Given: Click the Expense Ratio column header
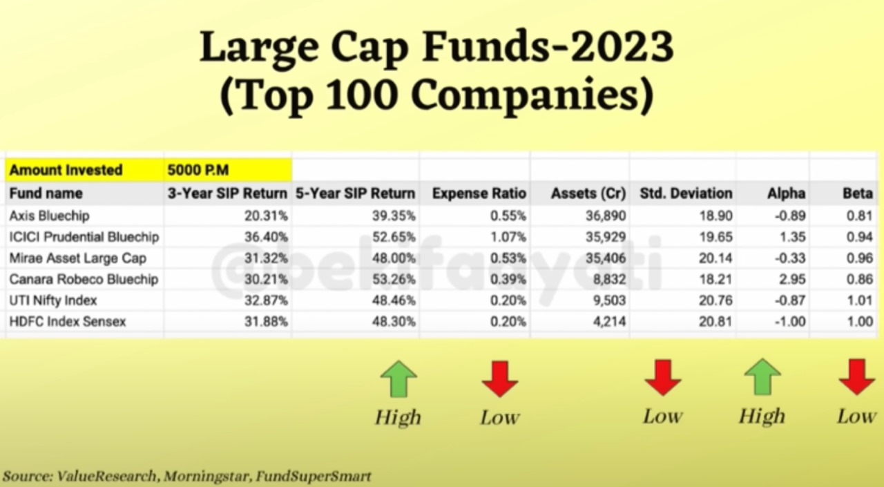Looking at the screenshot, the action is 479,193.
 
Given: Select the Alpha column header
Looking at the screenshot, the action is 786,193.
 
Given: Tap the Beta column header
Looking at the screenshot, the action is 858,193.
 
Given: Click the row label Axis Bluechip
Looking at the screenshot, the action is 49,216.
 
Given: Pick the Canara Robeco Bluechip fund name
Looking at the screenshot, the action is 84,279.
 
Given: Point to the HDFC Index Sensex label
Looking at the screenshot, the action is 68,322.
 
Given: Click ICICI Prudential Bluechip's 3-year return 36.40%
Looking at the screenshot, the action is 266,237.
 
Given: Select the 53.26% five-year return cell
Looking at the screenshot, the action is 394,279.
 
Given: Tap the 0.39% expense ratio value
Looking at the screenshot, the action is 508,279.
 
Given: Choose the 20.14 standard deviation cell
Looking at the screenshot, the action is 715,258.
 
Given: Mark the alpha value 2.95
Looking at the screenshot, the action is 792,279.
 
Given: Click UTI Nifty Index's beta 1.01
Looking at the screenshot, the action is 860,300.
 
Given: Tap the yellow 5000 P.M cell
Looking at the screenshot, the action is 228,170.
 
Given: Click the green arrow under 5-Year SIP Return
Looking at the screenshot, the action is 398,379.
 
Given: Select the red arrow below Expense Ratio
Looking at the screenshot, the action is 500,379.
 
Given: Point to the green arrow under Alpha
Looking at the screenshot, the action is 762,377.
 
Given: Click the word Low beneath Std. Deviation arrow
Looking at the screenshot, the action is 662,417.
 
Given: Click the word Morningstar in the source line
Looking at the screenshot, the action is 206,477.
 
